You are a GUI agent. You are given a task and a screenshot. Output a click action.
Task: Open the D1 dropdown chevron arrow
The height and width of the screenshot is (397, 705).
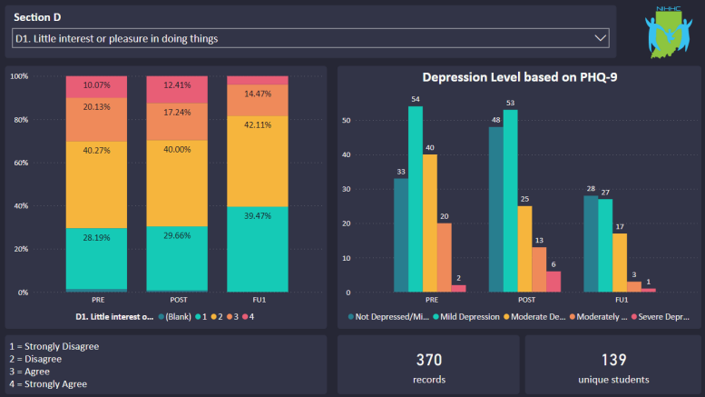click(x=599, y=38)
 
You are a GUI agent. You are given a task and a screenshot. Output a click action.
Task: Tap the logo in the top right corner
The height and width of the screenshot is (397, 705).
click(x=668, y=32)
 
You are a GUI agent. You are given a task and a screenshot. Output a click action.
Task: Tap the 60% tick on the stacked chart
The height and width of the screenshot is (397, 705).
click(x=18, y=163)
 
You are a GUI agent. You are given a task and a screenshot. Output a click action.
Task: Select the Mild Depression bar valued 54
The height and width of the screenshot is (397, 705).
click(x=416, y=199)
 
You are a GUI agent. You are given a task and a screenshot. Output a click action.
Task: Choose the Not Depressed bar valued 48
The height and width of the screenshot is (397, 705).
click(x=496, y=209)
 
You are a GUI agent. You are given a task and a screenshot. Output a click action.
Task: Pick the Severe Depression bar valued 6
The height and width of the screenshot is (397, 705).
click(x=553, y=282)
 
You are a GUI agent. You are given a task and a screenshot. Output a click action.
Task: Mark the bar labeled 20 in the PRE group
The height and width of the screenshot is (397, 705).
click(x=444, y=257)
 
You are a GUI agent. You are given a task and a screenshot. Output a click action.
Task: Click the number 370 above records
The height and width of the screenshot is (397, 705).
click(x=428, y=359)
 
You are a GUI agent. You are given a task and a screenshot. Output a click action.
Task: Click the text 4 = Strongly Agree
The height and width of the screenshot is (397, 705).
click(x=48, y=384)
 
